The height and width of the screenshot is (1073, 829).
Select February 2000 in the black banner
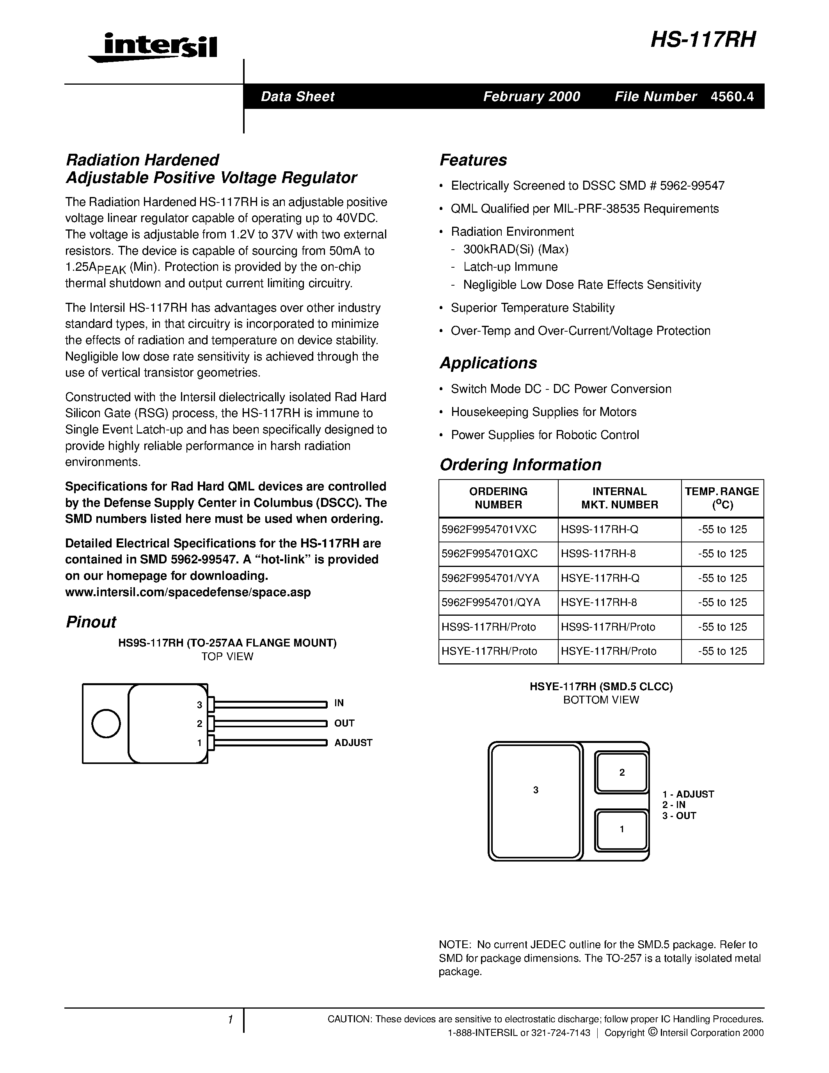[531, 96]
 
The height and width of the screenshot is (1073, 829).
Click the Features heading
[473, 160]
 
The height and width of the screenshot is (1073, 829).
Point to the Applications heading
[488, 363]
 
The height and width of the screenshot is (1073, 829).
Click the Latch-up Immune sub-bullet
[510, 267]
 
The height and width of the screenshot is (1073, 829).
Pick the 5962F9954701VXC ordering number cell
[489, 529]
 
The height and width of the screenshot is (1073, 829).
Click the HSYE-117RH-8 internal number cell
[599, 602]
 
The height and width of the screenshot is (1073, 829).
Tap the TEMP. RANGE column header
[722, 498]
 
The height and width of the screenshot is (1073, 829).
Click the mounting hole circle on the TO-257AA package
[106, 724]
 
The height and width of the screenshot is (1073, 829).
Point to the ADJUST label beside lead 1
[353, 743]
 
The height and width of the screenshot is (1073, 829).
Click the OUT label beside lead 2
[344, 723]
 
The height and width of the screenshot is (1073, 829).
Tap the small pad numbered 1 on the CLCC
[622, 829]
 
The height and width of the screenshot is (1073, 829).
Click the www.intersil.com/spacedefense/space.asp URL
[188, 592]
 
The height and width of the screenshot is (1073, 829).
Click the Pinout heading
[91, 622]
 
